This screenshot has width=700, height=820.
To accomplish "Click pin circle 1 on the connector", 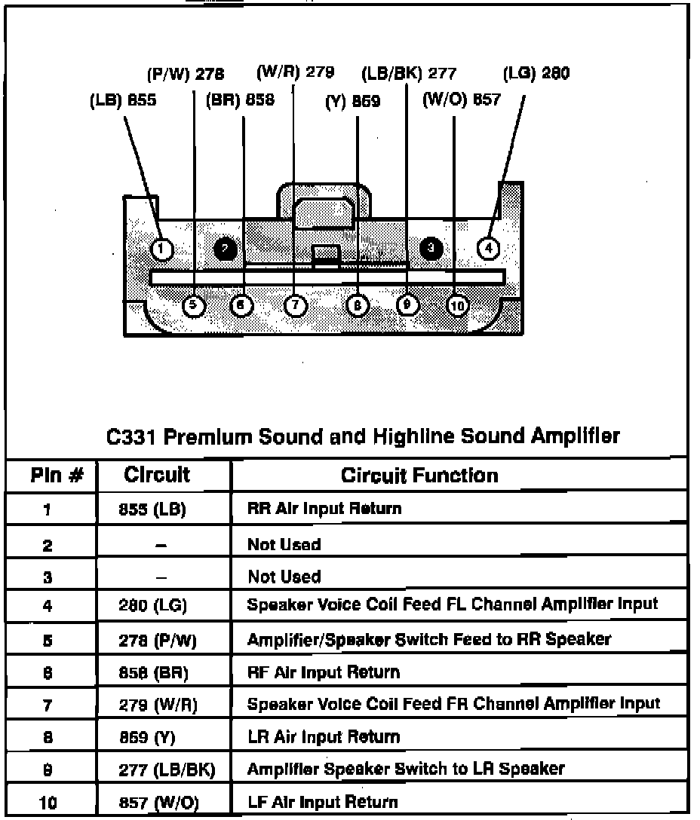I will tap(162, 249).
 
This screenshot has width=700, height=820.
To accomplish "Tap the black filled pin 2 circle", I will tap(225, 248).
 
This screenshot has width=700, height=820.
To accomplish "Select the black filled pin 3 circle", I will tap(431, 247).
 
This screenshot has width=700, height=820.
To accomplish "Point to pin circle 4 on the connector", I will tap(488, 247).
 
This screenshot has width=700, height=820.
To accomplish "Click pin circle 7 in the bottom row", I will tap(295, 305).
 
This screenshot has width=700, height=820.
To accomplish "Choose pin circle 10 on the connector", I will tap(457, 305).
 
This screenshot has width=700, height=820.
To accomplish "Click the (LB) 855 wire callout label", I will tap(123, 101).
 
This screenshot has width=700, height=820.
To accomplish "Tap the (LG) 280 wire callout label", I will tap(536, 73).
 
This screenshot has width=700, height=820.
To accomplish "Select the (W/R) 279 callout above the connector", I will tap(295, 72).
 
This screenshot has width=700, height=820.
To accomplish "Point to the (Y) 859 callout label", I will tap(353, 101).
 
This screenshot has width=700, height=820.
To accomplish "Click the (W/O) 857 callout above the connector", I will tap(461, 100).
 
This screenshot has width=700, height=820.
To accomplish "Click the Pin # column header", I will tap(52, 476).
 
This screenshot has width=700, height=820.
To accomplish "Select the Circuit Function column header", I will tap(419, 476).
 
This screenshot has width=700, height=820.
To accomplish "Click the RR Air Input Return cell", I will tap(324, 508).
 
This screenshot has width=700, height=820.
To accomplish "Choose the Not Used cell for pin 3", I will tap(284, 577).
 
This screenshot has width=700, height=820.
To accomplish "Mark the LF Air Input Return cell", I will tap(322, 802).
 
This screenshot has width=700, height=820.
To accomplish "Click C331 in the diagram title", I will tap(132, 436).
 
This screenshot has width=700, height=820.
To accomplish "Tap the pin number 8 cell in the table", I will tap(47, 737).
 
